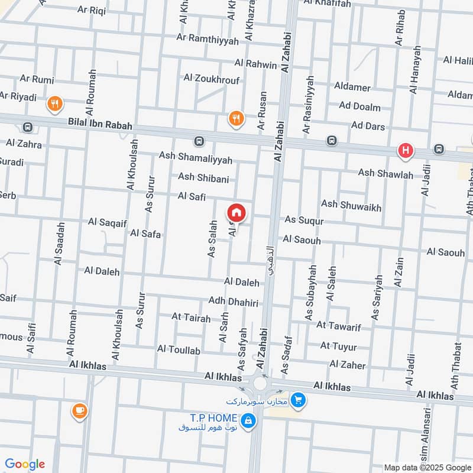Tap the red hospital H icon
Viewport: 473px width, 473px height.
(x=405, y=151)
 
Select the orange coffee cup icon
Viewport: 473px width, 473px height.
(x=79, y=410)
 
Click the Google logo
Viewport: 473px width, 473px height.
(x=24, y=464)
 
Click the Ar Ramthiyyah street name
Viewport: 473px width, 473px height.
(x=208, y=40)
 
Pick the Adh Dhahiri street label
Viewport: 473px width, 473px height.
(x=234, y=302)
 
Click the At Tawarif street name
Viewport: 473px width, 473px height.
(x=338, y=325)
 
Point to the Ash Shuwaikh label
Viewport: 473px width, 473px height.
(x=351, y=205)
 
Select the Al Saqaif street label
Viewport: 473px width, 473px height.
(x=108, y=222)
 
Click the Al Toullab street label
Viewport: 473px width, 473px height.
(x=179, y=350)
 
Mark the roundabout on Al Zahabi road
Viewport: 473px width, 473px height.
(x=261, y=384)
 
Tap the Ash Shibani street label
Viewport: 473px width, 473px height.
(x=203, y=177)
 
